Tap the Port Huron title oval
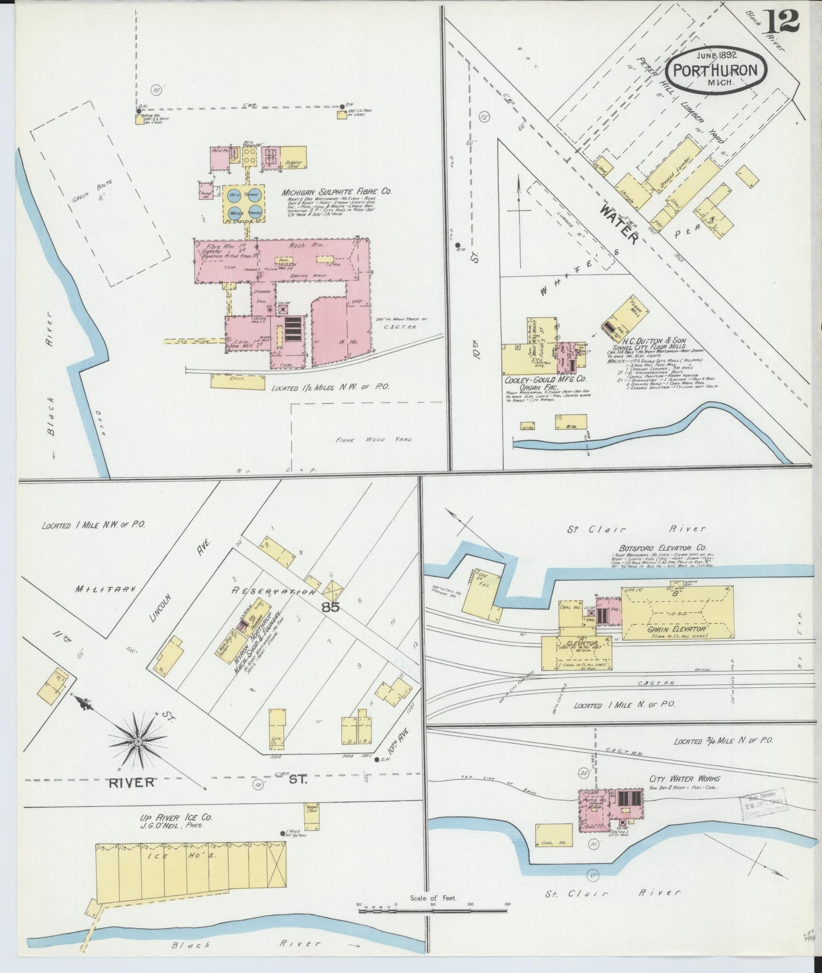click(x=716, y=70)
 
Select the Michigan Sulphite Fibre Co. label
click(x=336, y=192)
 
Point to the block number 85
click(x=331, y=607)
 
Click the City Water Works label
click(x=684, y=778)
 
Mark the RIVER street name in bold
click(x=131, y=782)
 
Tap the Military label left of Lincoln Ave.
click(x=105, y=589)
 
